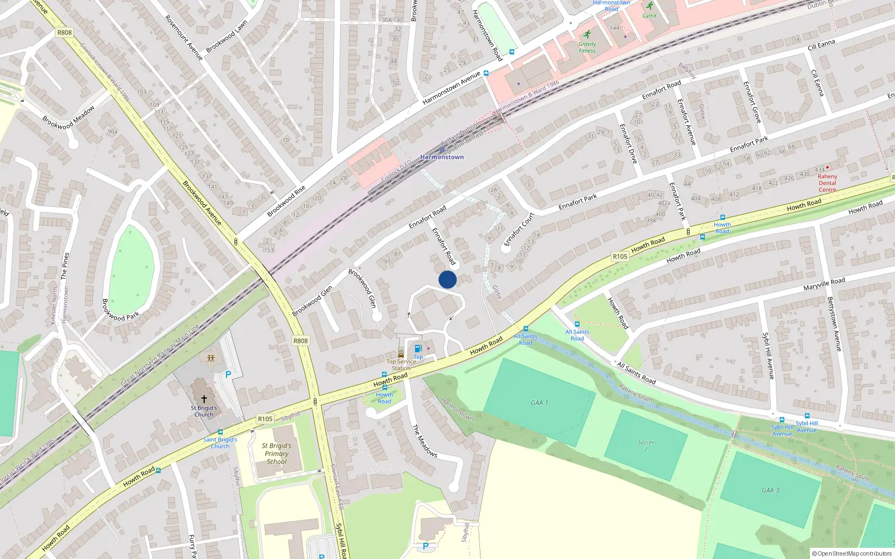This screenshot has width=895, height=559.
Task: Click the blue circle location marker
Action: pos(447,279)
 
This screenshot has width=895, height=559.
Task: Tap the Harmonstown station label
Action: pos(442,157)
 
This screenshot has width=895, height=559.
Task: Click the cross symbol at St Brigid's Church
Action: pos(204,399)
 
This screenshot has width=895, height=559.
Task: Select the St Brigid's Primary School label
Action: pos(276,453)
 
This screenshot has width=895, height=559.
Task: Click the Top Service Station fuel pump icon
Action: pos(418,349)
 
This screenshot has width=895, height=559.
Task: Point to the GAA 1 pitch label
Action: pos(539,402)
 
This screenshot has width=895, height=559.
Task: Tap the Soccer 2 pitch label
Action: pos(646,445)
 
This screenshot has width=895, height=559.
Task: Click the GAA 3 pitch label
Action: pos(770,490)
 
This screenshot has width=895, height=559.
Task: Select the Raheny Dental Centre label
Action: pos(827,183)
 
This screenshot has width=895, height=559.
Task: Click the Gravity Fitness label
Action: pos(587,47)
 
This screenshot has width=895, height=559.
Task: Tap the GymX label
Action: pos(649,16)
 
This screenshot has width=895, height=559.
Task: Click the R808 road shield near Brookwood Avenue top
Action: pos(64,32)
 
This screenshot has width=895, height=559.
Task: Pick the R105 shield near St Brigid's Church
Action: pos(265,419)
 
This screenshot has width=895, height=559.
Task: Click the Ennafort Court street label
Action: pos(519,229)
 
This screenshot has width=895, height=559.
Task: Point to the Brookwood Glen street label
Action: pos(312,301)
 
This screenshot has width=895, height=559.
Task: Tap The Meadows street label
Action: pos(425,440)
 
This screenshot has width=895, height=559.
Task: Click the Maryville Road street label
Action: pos(824,284)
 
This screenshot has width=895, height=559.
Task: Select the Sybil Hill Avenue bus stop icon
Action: pos(782,420)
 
